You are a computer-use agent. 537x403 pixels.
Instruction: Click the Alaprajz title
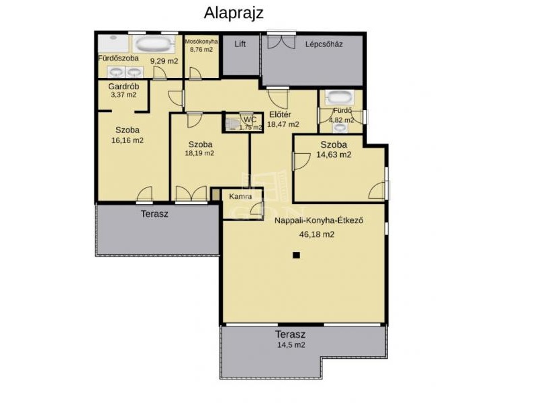tap(234, 13)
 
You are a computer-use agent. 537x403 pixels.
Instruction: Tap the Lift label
tap(240, 44)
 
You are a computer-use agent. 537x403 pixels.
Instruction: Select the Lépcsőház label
tap(324, 44)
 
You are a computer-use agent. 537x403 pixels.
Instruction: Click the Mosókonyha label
tap(201, 42)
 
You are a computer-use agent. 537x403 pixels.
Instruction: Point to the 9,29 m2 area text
tap(164, 61)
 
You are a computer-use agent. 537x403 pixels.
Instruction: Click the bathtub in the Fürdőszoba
tap(153, 44)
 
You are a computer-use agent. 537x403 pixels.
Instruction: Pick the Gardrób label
tap(124, 87)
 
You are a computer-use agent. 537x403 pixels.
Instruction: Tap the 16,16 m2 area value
tap(128, 140)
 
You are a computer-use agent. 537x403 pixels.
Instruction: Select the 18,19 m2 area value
tap(199, 153)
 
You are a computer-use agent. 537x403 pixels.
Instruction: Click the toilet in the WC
tap(234, 124)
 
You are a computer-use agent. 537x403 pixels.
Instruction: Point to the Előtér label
tap(280, 114)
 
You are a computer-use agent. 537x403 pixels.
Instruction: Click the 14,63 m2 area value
tap(334, 154)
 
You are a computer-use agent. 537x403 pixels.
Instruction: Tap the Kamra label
tap(240, 197)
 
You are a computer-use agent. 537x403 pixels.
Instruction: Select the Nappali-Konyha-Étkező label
tap(319, 220)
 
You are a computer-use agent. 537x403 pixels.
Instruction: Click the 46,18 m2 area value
tap(317, 234)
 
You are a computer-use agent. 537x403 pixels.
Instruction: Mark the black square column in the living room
tap(297, 255)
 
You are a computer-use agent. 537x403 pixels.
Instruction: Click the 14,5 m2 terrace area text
tap(291, 345)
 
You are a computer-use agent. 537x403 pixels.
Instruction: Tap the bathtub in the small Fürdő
tap(338, 97)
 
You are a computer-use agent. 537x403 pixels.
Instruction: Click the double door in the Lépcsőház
tap(281, 41)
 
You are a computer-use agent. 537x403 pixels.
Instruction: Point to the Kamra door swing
tap(256, 209)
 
